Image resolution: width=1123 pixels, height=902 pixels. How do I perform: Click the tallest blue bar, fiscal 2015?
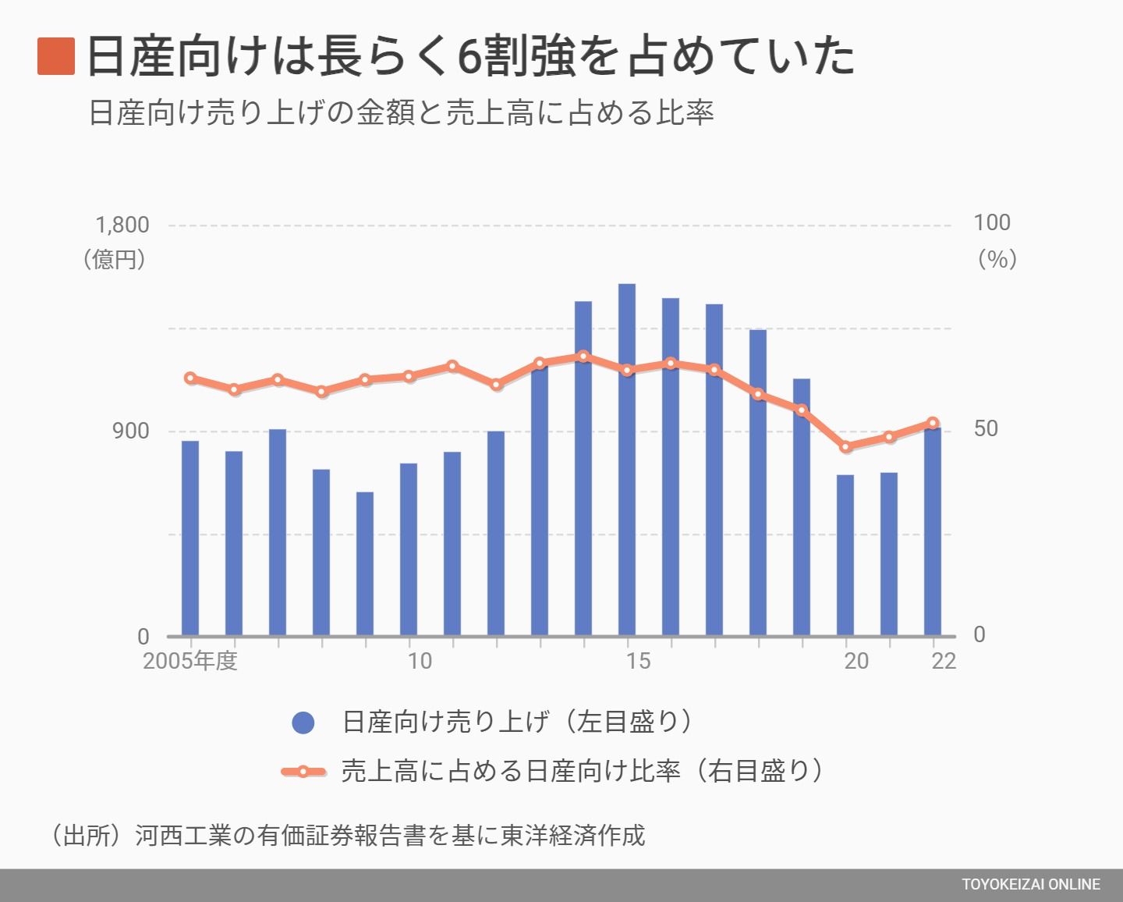[627, 460]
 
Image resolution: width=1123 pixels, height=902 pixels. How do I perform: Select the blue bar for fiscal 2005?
[190, 538]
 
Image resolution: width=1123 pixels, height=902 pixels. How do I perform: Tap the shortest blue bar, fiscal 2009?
[365, 563]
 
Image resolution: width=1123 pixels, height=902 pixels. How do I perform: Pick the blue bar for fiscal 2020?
[845, 555]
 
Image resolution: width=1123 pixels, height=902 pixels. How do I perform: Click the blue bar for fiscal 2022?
[933, 532]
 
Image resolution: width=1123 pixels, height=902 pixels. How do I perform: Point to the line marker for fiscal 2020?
[845, 447]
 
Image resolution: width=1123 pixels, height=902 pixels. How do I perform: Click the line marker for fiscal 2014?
[583, 357]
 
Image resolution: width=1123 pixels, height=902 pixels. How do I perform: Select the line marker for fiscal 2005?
[190, 378]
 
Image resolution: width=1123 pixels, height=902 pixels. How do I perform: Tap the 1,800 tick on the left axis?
[122, 225]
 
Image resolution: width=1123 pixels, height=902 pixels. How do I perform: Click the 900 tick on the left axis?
[133, 431]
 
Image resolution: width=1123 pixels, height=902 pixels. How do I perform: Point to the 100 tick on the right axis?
[991, 223]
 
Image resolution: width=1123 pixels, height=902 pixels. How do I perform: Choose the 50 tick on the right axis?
[986, 429]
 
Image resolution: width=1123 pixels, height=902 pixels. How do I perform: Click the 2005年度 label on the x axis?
[190, 661]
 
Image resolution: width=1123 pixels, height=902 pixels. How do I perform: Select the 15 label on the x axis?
[637, 661]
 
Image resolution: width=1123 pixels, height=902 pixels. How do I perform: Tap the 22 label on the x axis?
[943, 661]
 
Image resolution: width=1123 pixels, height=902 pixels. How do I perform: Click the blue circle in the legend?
[303, 723]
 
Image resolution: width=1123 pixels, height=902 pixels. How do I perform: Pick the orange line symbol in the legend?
[303, 772]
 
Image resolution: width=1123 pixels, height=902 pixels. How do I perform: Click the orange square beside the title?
[56, 56]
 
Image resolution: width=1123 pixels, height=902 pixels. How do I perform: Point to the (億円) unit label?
[115, 259]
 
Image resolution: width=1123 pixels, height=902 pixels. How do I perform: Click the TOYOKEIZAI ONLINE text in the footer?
[1030, 885]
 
